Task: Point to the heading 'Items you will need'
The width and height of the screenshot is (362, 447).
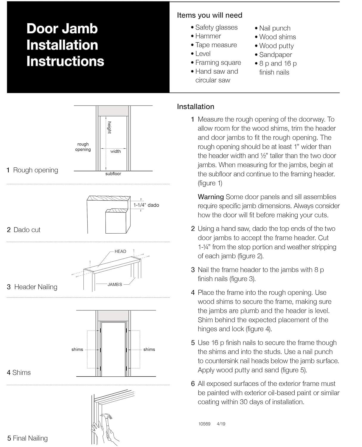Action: (x=209, y=15)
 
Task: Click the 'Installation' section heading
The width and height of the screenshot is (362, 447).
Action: (x=195, y=107)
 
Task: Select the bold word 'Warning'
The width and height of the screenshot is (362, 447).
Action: (x=211, y=197)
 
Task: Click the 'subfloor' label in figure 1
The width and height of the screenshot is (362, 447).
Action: (x=113, y=174)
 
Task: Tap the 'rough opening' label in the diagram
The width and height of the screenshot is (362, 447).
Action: (x=83, y=147)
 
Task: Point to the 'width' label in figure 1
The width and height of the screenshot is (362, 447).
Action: (x=116, y=151)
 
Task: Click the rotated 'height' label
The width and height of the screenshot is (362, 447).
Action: (x=109, y=128)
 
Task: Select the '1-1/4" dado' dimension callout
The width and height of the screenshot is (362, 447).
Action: (x=146, y=205)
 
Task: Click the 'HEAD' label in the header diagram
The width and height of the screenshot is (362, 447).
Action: (x=120, y=252)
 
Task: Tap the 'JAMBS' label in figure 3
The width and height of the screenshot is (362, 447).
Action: (x=115, y=285)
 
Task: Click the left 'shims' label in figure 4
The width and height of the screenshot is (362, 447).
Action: (x=77, y=349)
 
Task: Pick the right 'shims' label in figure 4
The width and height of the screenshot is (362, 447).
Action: (x=149, y=349)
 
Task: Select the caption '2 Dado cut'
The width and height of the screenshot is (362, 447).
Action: (x=24, y=230)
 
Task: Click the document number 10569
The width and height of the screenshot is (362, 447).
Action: (x=204, y=424)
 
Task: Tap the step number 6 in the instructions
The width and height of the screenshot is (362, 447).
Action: (x=193, y=384)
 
